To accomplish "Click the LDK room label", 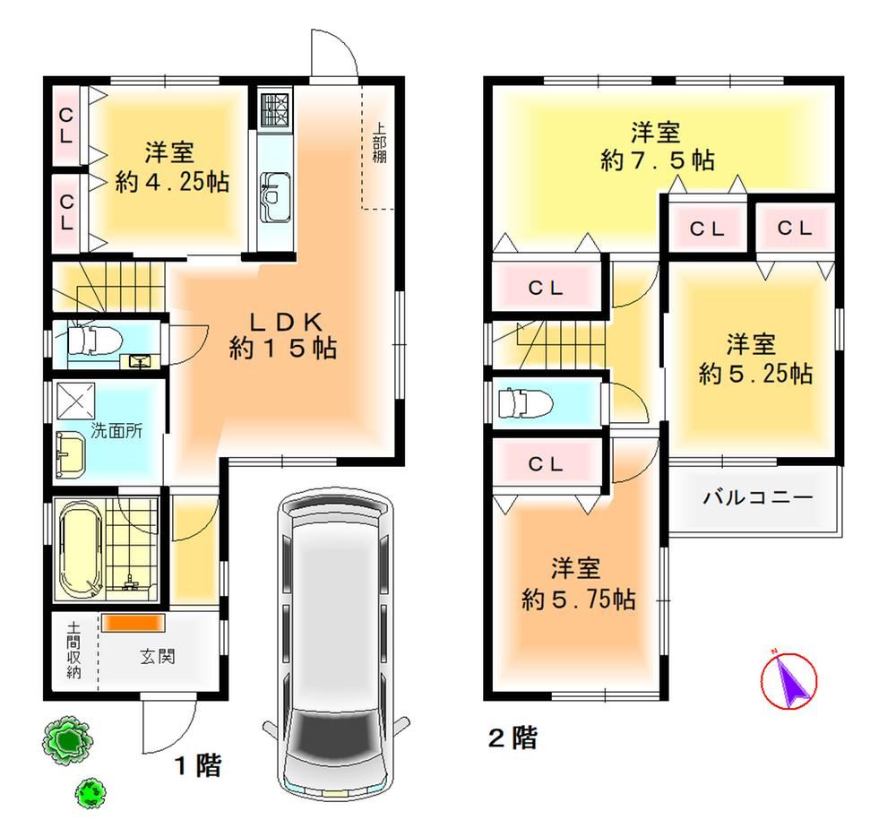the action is (x=285, y=323).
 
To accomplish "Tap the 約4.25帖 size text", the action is (x=172, y=182).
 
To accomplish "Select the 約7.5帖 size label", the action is (x=657, y=160).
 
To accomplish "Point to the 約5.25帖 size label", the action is (x=755, y=374).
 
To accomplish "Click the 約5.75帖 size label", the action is (x=578, y=600).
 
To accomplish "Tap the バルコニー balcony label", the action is (x=758, y=497).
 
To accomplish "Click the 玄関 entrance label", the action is (x=158, y=657).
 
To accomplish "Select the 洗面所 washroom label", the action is (x=116, y=431).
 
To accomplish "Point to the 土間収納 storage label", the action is (x=73, y=651).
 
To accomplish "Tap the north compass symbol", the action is (x=789, y=680).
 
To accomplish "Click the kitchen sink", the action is (x=275, y=198).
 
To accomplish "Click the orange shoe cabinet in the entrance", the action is (x=134, y=623).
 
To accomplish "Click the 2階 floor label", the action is (x=513, y=738).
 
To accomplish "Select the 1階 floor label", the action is (x=198, y=765).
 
